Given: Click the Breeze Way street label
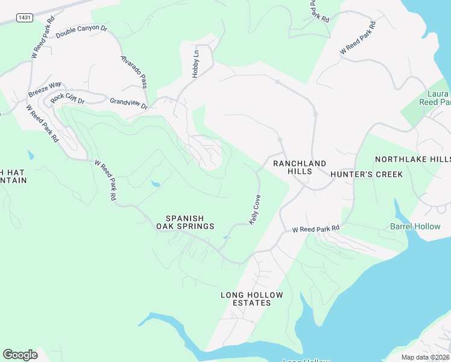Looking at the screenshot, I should [45, 89].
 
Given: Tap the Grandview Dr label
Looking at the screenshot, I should [128, 104].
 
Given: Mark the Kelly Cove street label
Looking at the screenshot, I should [255, 209].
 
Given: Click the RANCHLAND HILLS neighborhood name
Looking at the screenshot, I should [300, 167].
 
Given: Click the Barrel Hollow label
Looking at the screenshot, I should [415, 227].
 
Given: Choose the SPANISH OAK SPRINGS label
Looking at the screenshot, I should [185, 222].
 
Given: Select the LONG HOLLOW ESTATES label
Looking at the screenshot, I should [251, 299].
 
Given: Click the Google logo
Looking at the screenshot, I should [20, 354].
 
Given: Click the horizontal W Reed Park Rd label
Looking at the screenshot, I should [316, 229].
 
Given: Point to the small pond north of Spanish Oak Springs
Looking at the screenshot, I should [156, 183].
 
